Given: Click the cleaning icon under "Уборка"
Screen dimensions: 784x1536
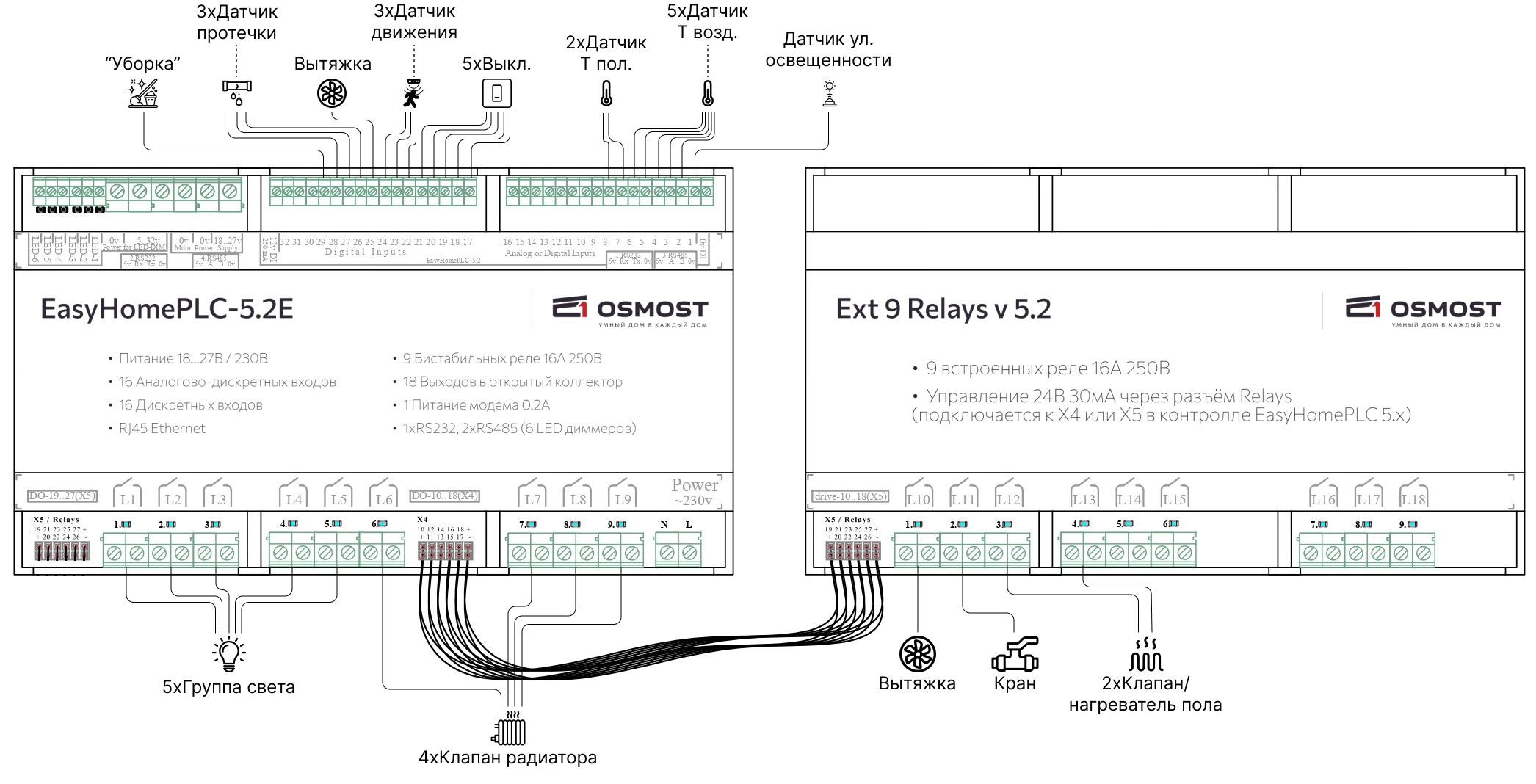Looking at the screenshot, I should tap(143, 93).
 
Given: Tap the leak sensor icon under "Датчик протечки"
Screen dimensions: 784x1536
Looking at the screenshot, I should tap(236, 91).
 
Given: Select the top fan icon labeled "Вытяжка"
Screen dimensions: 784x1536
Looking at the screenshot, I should tap(331, 93).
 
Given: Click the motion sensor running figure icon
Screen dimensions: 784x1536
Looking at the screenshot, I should tap(413, 93).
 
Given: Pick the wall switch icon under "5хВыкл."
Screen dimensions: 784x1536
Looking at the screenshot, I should tap(496, 93).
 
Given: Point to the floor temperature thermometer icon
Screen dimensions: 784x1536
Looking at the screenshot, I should tap(606, 93).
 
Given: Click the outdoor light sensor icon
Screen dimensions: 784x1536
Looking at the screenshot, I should tap(829, 93).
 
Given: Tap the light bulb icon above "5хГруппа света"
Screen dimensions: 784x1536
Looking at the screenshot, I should tap(229, 653).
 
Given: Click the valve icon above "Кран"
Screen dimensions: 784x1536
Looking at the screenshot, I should tap(1015, 654).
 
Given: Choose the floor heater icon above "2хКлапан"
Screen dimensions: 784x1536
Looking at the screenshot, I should tap(1145, 654).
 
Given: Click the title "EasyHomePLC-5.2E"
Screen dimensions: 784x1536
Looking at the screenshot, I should tap(167, 309).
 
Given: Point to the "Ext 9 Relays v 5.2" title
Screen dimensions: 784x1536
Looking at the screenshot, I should tap(943, 309).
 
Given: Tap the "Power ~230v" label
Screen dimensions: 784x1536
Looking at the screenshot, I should tap(694, 492).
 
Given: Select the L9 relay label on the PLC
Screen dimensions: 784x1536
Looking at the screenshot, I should tap(623, 498).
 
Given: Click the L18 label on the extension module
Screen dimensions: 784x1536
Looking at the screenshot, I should tap(1413, 498).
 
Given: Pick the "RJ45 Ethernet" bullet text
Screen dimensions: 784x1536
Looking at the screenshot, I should tap(162, 429).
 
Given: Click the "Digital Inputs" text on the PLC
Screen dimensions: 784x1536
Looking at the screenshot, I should tap(366, 252).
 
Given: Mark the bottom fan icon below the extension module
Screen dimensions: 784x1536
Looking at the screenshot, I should tap(918, 653).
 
